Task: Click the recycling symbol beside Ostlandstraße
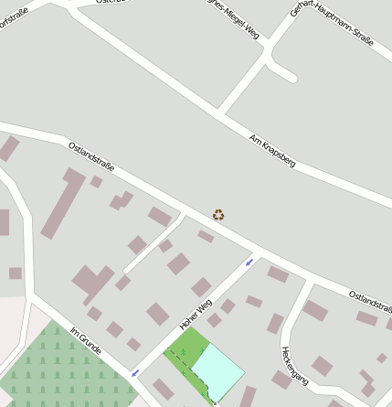click(x=218, y=215)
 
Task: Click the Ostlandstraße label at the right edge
click(x=371, y=301)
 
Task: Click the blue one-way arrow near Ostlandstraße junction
click(x=249, y=262)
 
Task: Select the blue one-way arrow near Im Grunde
click(x=135, y=373)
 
